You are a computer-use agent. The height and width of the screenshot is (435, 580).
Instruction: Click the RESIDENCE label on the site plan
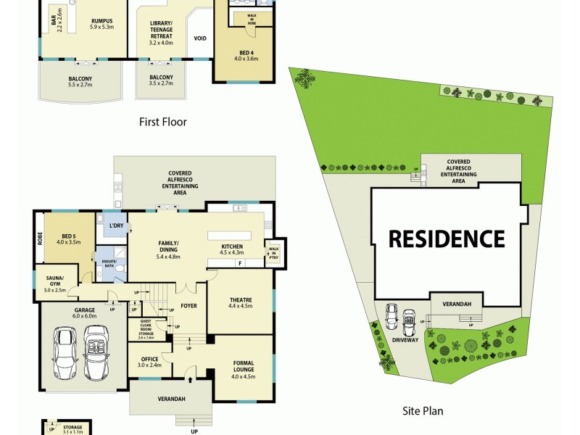click(446, 239)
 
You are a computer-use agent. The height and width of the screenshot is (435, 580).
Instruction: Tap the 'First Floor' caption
click(163, 122)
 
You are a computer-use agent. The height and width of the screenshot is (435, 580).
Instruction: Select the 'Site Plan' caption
click(423, 411)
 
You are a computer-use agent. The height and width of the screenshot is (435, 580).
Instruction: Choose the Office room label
click(151, 360)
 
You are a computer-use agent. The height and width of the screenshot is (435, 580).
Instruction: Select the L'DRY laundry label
click(115, 227)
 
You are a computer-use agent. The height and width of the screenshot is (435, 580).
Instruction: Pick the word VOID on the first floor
click(201, 38)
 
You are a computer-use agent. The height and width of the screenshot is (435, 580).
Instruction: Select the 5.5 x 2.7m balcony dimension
click(81, 85)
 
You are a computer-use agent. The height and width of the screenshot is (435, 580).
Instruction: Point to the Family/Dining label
click(169, 249)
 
